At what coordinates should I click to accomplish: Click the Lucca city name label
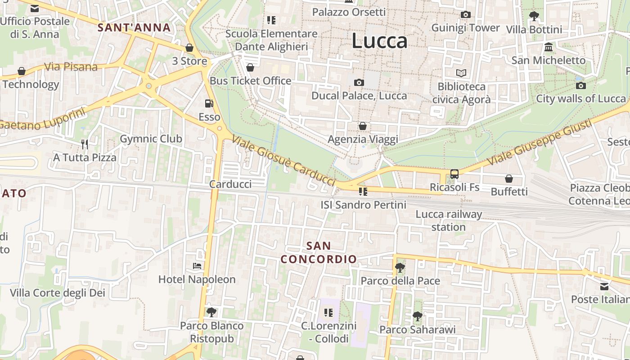pyautogui.click(x=379, y=41)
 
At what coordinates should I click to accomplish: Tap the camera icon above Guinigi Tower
pyautogui.click(x=466, y=15)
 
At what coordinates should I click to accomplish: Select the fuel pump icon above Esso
pyautogui.click(x=209, y=103)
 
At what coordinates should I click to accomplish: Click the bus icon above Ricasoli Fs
pyautogui.click(x=454, y=174)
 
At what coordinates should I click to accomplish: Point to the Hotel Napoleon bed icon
pyautogui.click(x=197, y=266)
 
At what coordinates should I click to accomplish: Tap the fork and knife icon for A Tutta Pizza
pyautogui.click(x=85, y=144)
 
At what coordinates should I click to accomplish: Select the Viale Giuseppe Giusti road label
pyautogui.click(x=540, y=142)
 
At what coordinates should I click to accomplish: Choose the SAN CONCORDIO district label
pyautogui.click(x=319, y=252)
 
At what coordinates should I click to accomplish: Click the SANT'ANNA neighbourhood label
pyautogui.click(x=134, y=27)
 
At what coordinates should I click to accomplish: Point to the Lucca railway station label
pyautogui.click(x=449, y=220)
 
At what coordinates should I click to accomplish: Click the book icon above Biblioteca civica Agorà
pyautogui.click(x=461, y=73)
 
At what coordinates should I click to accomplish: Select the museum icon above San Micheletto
pyautogui.click(x=549, y=47)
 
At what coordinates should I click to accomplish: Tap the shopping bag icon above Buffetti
pyautogui.click(x=509, y=179)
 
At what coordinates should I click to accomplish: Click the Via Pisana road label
pyautogui.click(x=71, y=67)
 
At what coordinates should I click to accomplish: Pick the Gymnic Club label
pyautogui.click(x=151, y=139)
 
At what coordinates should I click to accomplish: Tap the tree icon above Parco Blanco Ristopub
pyautogui.click(x=211, y=312)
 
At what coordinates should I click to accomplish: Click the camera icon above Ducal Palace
pyautogui.click(x=359, y=82)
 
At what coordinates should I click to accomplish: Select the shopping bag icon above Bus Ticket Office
pyautogui.click(x=250, y=67)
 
